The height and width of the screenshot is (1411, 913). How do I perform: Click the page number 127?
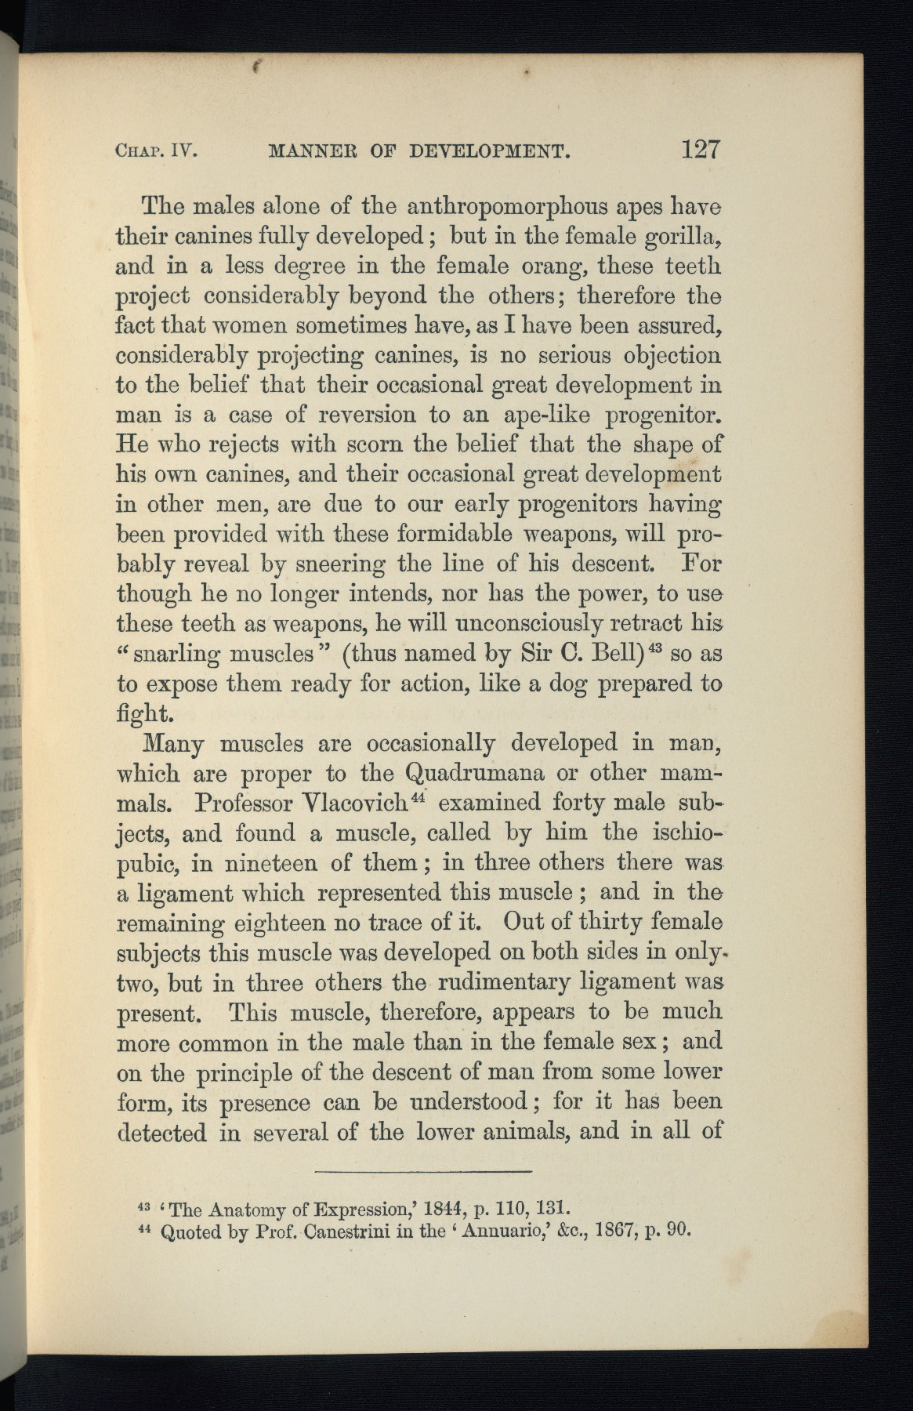coord(700,148)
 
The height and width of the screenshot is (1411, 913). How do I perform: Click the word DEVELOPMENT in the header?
coord(489,151)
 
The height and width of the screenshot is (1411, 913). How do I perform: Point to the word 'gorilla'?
coord(681,238)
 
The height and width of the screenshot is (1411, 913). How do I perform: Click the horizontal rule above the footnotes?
coord(422,1171)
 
